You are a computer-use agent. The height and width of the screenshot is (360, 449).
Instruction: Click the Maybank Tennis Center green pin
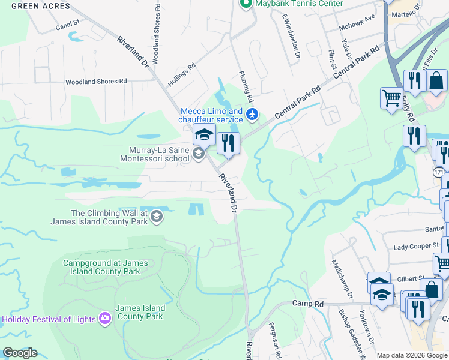[x=245, y=4]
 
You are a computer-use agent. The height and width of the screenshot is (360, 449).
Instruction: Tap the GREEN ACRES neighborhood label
[x=40, y=6]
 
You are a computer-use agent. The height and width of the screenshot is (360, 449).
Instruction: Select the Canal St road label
[x=68, y=25]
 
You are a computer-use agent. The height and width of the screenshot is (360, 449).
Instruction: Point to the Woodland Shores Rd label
[x=96, y=81]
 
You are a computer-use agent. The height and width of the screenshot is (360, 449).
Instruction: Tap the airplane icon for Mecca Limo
[x=252, y=114]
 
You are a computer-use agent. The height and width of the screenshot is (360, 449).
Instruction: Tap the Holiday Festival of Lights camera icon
[x=106, y=319]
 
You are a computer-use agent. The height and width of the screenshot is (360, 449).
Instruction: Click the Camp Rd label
[x=308, y=304]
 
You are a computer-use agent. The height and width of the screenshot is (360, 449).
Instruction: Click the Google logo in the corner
[x=20, y=353]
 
